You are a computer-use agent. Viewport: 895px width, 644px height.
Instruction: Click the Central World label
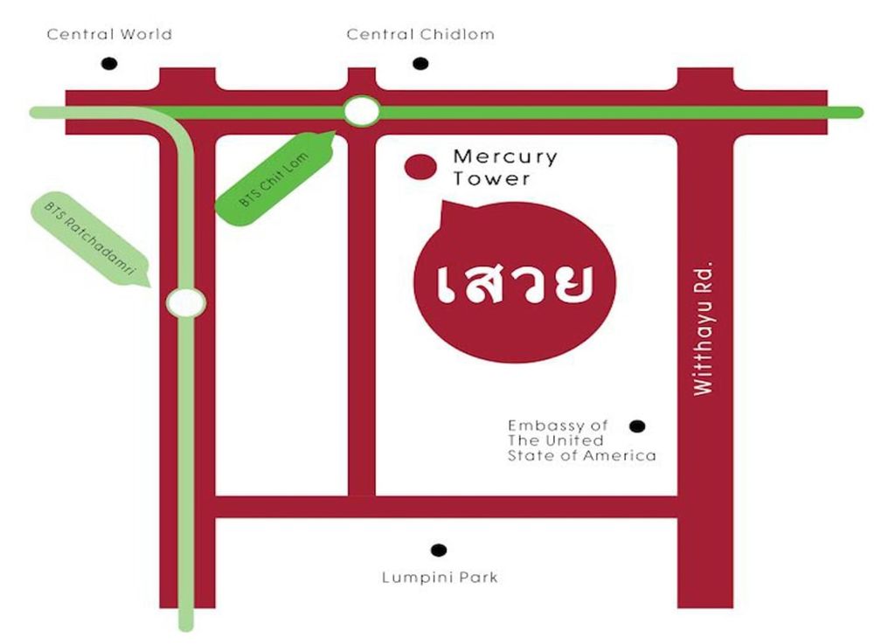click(x=109, y=35)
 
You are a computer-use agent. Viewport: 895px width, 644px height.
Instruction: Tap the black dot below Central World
click(x=109, y=64)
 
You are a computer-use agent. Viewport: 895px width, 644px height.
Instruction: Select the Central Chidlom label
click(x=420, y=35)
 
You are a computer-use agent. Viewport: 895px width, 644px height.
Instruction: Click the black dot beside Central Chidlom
click(x=420, y=64)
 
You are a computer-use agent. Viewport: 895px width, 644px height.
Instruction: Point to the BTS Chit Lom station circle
click(x=361, y=112)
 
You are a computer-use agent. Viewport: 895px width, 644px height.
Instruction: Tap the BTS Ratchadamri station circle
click(x=186, y=302)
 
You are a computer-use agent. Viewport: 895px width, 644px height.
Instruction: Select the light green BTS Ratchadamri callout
click(x=87, y=240)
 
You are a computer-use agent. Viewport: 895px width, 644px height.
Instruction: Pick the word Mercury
click(x=504, y=157)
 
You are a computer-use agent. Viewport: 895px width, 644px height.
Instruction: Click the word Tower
click(x=491, y=179)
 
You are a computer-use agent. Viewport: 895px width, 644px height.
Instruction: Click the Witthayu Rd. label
click(x=704, y=328)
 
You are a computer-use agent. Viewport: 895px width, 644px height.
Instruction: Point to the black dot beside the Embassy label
click(x=637, y=426)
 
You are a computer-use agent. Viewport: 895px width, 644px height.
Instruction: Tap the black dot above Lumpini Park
click(x=439, y=550)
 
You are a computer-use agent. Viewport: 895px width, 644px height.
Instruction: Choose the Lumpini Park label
click(x=440, y=578)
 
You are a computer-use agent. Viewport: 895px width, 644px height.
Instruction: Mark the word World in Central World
click(x=144, y=35)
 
